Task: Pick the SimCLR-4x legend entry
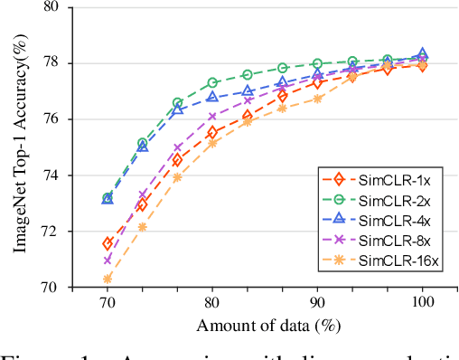(395, 222)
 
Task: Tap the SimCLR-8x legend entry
(395, 242)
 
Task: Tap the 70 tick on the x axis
(108, 303)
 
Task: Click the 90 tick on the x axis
(317, 303)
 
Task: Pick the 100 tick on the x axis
(422, 303)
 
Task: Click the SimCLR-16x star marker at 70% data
(108, 279)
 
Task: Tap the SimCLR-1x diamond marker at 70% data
(108, 243)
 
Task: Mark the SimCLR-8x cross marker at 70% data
(108, 260)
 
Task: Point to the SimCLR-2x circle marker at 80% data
(212, 82)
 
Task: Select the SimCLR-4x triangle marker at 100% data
(422, 54)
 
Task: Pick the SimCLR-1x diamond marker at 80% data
(212, 133)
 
